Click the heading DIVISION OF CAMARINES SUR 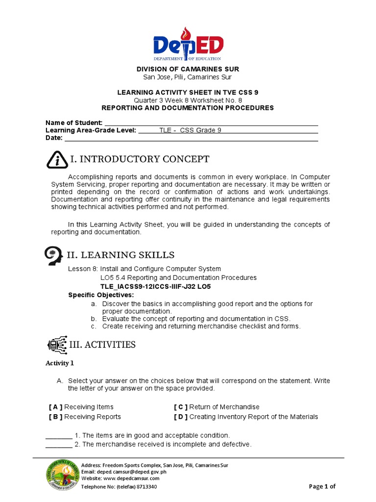point(188,69)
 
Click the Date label point(54,138)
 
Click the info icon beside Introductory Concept point(57,160)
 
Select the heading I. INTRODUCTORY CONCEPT point(140,159)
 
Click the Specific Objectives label point(100,295)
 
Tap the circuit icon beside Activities point(57,345)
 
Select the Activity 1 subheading point(60,363)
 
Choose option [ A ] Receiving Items point(81,407)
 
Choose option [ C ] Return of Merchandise point(216,407)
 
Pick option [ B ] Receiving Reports point(85,417)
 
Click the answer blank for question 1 point(59,436)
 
